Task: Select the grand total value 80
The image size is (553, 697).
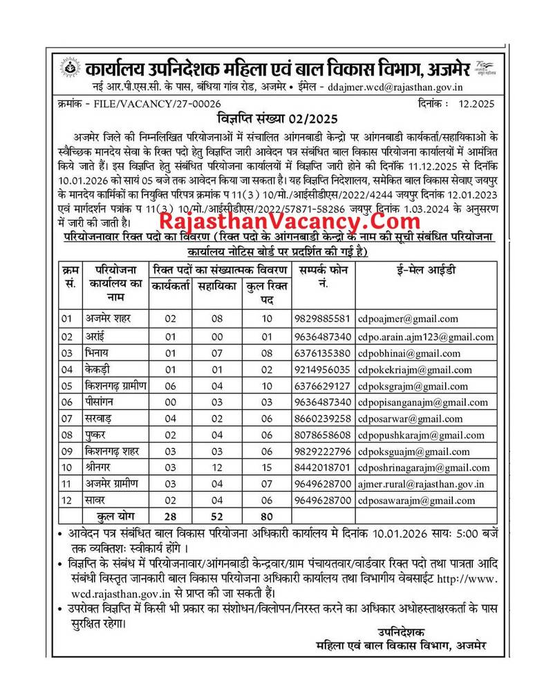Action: coord(263,516)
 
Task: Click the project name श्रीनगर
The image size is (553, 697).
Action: coord(106,467)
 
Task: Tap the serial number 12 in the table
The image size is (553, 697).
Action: coord(67,501)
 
